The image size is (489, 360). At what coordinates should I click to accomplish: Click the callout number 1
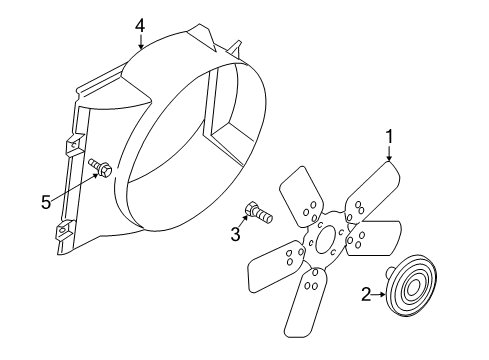click(389, 134)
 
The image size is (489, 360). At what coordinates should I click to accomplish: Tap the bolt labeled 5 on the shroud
click(98, 168)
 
